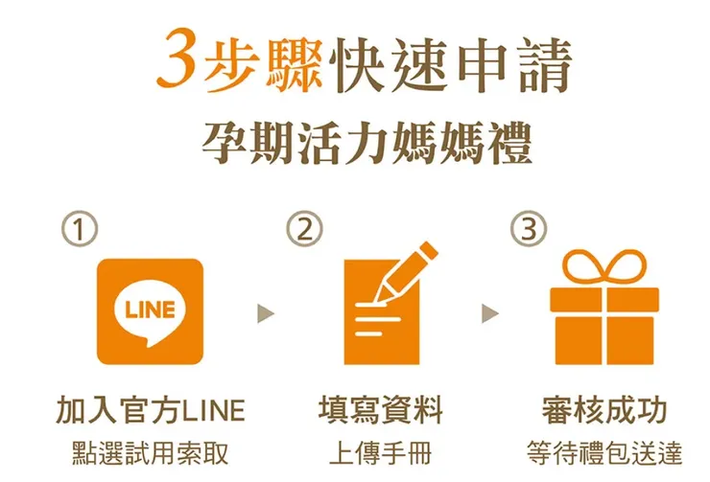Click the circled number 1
tap(80, 230)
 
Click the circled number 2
tap(304, 230)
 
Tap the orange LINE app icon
tap(150, 310)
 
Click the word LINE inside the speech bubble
tap(150, 309)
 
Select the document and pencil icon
tap(384, 307)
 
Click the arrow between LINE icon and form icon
tap(266, 313)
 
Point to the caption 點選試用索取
tap(150, 451)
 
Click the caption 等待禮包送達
tap(604, 451)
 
